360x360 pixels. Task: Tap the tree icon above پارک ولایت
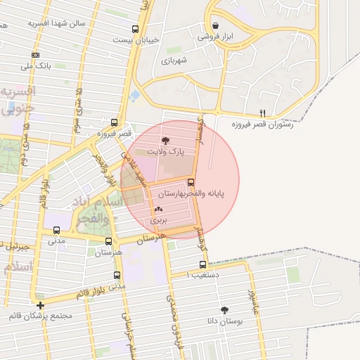click(x=166, y=141)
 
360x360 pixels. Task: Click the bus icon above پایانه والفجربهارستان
click(x=192, y=182)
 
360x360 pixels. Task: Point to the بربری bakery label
click(x=156, y=219)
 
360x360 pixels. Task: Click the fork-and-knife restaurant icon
click(x=262, y=112)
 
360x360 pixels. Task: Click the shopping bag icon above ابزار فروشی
click(x=214, y=26)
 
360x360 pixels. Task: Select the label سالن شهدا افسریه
click(x=56, y=22)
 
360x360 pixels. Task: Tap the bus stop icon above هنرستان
click(x=108, y=240)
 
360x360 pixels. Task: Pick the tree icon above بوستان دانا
click(x=224, y=310)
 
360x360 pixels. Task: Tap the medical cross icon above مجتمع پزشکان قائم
click(x=41, y=306)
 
